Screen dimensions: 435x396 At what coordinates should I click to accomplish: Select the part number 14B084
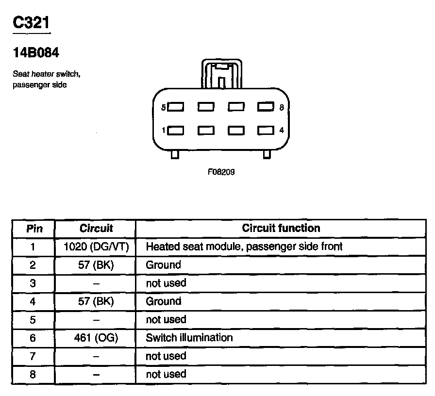(36, 53)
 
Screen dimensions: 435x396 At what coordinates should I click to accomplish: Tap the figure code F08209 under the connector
(221, 172)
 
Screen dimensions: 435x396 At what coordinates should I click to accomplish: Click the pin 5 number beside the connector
(164, 107)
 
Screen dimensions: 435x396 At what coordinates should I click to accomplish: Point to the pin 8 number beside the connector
(282, 107)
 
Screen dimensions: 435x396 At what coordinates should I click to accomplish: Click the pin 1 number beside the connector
(164, 130)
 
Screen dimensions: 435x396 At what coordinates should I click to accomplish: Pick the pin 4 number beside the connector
(282, 130)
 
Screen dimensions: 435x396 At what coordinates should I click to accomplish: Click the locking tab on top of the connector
(221, 74)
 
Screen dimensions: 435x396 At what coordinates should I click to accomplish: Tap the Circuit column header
(96, 228)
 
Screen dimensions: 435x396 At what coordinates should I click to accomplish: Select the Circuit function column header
(281, 228)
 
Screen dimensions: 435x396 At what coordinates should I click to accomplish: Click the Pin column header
(33, 228)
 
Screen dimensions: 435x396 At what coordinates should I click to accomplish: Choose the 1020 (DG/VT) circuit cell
(96, 247)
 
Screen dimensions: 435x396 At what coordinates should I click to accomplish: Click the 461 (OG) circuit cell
(96, 337)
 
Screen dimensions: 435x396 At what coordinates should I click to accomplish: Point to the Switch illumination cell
(189, 337)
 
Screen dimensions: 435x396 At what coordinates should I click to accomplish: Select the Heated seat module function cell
(244, 247)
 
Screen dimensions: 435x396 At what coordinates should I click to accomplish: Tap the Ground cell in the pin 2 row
(163, 265)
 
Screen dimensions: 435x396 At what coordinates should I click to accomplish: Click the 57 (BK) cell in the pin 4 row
(96, 301)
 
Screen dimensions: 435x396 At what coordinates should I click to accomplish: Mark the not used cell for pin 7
(166, 356)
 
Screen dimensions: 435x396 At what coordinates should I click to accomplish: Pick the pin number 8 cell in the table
(33, 374)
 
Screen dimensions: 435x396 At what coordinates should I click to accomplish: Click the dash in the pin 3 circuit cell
(96, 283)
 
